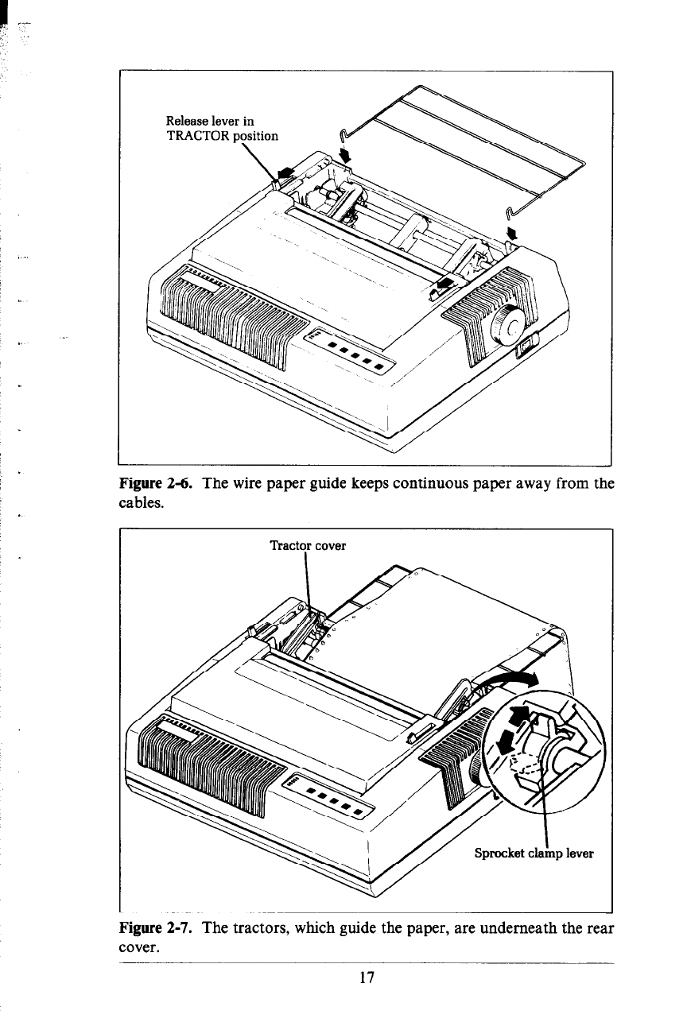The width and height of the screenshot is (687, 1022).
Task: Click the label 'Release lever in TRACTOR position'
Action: pyautogui.click(x=222, y=128)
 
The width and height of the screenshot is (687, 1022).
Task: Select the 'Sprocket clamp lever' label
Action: pyautogui.click(x=534, y=854)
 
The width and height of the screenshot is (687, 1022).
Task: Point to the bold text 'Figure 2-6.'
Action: pyautogui.click(x=154, y=482)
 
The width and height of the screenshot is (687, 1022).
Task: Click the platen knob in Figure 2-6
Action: pyautogui.click(x=503, y=322)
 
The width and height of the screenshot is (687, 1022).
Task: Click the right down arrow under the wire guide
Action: pyautogui.click(x=512, y=232)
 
